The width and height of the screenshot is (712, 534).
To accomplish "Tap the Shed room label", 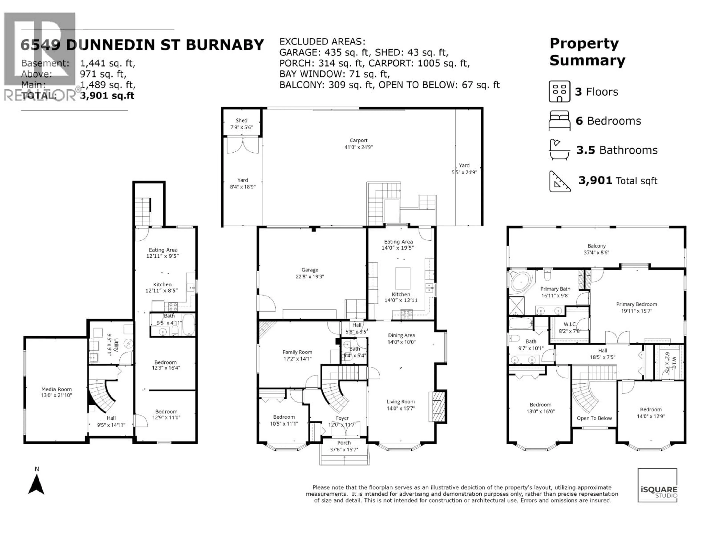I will point(241,120).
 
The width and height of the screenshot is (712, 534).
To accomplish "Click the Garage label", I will point(310,270).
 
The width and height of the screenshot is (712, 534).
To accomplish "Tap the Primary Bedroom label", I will point(636,304).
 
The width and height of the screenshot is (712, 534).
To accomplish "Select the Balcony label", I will point(596,246).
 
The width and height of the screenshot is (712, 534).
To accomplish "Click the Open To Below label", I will point(594,418).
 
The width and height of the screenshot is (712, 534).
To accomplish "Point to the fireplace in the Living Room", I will point(437,407).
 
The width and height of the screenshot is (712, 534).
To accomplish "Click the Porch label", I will point(344,443).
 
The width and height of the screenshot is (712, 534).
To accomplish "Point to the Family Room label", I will point(297,352).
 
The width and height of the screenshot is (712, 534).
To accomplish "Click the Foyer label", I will point(342,418).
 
